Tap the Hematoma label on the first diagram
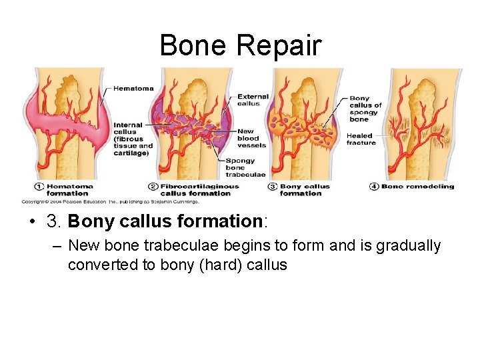tap(133, 88)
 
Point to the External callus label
tap(253, 100)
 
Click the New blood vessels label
tap(251, 138)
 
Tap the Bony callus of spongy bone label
tap(365, 109)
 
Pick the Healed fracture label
tap(361, 139)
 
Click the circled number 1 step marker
tap(39, 187)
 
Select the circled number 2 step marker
tap(153, 187)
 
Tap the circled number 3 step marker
tap(273, 187)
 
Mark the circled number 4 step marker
tap(374, 187)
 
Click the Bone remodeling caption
tap(417, 187)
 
